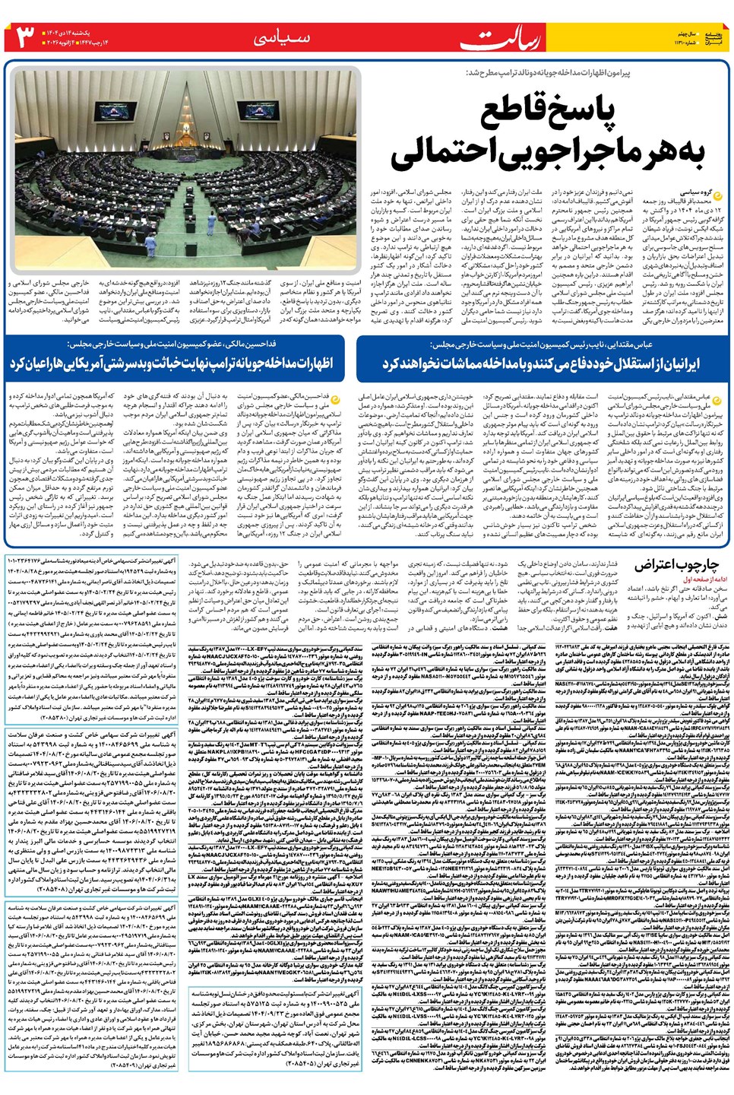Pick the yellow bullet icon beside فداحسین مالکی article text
[335, 397]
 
